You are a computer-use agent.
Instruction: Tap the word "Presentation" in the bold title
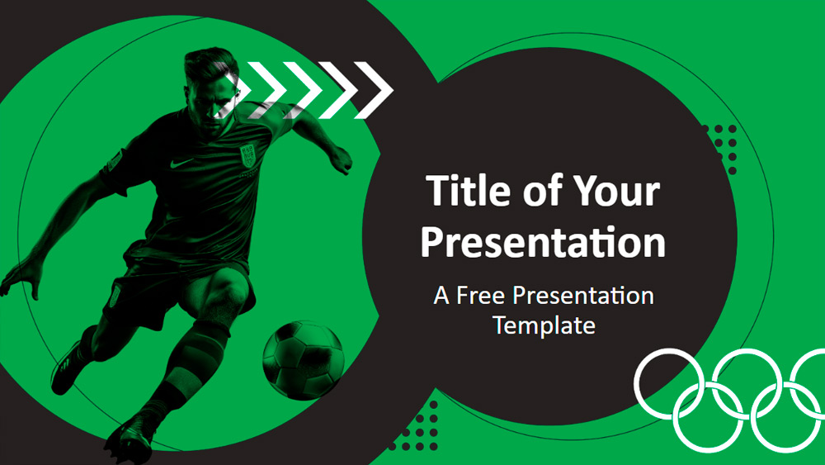[543, 242]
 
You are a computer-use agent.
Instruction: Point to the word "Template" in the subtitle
[544, 325]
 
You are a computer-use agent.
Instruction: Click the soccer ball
[303, 359]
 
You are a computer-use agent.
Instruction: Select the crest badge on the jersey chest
[247, 156]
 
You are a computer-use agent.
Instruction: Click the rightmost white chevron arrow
[374, 89]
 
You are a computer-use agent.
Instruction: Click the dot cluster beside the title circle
[721, 149]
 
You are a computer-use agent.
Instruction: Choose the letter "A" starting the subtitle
[441, 296]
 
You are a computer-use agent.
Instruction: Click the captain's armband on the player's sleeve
[114, 160]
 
